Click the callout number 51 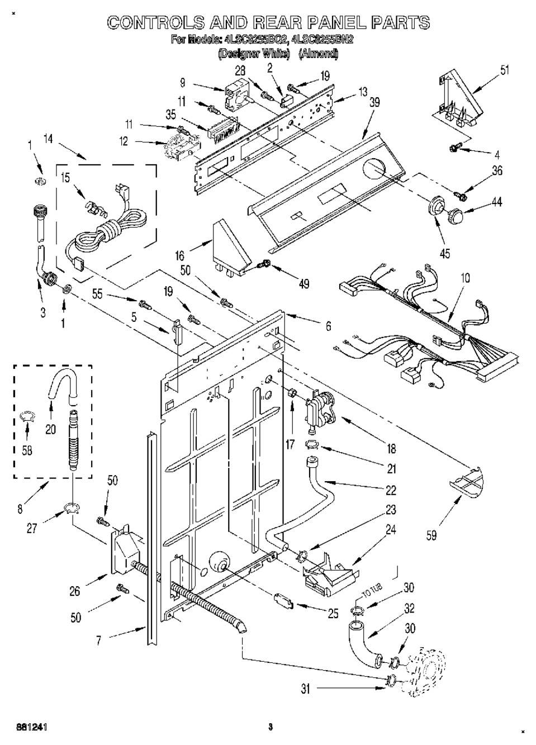tap(504, 70)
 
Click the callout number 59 tap(431, 536)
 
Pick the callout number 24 tap(391, 529)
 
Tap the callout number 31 tap(305, 689)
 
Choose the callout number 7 tap(98, 640)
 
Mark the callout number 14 tap(48, 140)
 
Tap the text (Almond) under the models tap(318, 54)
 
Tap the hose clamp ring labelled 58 tap(27, 415)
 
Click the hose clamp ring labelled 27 tap(72, 508)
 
